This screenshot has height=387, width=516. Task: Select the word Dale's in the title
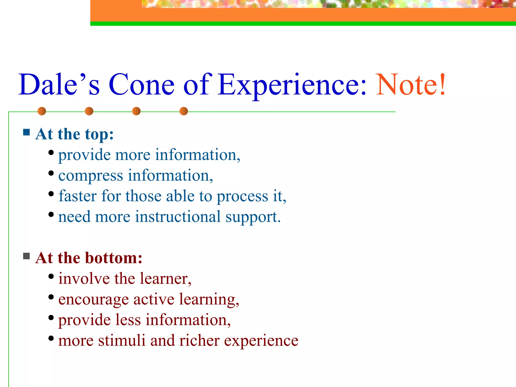pos(59,85)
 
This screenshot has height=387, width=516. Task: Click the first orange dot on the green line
pos(42,111)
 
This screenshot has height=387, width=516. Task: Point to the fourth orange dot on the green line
pos(184,111)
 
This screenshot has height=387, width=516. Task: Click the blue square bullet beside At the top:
pos(26,132)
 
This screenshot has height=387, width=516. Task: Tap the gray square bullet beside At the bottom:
pos(26,256)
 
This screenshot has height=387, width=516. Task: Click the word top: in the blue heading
pos(99,134)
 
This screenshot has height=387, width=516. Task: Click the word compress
pos(91,176)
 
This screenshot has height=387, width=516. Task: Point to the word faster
pos(78,196)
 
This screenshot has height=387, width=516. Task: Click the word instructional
pos(178,217)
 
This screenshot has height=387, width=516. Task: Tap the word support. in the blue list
pos(253,217)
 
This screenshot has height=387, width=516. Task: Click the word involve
pos(84,279)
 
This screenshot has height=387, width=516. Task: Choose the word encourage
pos(93,300)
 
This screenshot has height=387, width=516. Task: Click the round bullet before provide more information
pos(51,152)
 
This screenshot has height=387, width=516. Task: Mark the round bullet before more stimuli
pos(51,338)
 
